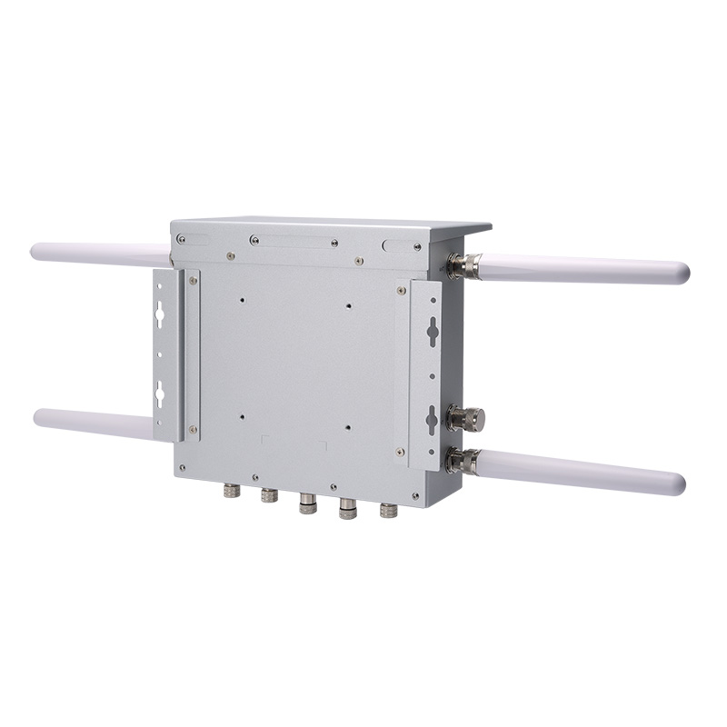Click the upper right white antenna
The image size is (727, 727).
[582, 269]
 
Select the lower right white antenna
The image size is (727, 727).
[582, 472]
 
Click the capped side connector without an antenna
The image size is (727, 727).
[465, 419]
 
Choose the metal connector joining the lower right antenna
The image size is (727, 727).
[463, 461]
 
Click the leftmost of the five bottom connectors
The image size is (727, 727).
[231, 491]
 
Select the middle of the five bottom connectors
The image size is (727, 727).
[308, 503]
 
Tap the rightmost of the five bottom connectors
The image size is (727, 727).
[389, 511]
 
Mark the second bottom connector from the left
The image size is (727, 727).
[268, 496]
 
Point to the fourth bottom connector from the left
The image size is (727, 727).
[348, 509]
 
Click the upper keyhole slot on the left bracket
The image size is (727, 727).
[160, 314]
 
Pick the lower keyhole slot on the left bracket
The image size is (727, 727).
[160, 395]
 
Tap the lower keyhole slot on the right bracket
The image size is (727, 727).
[433, 419]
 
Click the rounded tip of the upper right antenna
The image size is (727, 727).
[682, 273]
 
